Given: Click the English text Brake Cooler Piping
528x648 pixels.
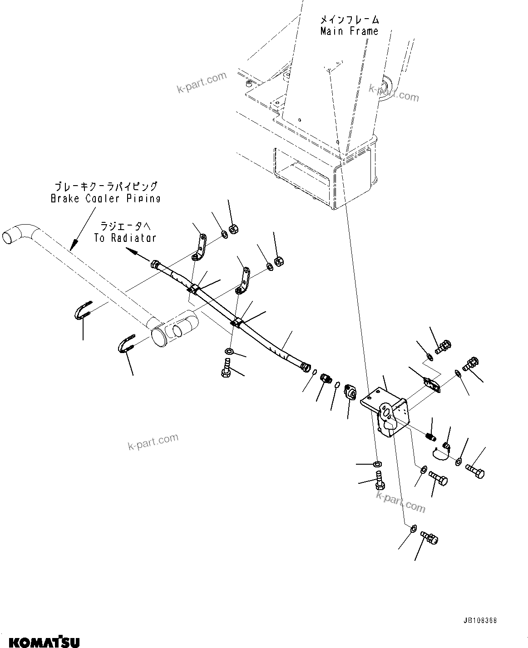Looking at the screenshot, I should pos(105,198).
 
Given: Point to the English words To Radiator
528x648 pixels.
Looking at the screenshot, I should pos(125,238).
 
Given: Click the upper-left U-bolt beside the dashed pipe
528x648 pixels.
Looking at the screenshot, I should pos(84,309).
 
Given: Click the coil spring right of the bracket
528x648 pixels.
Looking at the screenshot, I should pos(431,437).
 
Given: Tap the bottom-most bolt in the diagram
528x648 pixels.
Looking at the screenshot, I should pos(429,538).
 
